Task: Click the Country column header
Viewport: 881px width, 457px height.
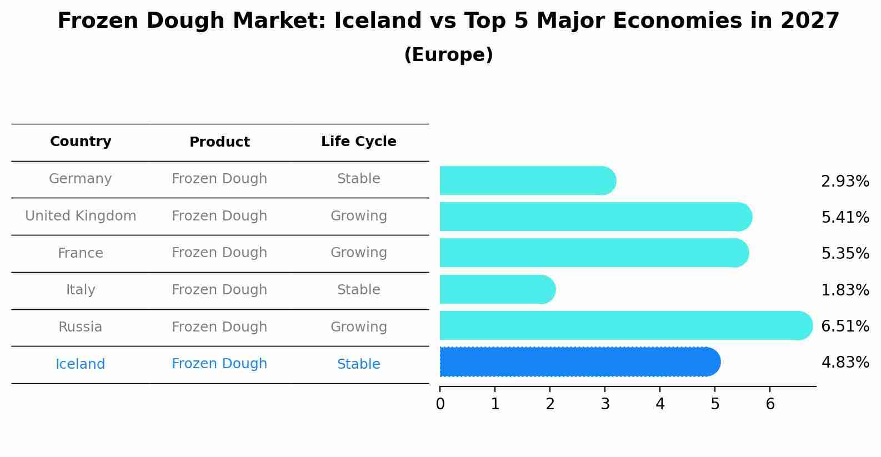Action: point(81,142)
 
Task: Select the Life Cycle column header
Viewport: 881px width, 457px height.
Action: point(358,142)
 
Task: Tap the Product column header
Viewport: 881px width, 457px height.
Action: point(219,142)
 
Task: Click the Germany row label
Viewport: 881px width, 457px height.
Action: point(81,179)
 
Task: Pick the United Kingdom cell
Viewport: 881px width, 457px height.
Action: point(81,216)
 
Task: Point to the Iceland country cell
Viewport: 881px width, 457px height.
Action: point(81,364)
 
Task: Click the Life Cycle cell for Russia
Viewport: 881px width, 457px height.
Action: point(358,327)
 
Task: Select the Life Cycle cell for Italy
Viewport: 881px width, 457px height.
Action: point(358,290)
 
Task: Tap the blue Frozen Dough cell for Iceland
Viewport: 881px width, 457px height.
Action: point(219,364)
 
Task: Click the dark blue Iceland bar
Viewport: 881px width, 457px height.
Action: point(578,362)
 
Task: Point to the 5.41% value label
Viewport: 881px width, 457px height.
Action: point(845,218)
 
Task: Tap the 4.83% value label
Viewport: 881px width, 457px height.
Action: point(845,363)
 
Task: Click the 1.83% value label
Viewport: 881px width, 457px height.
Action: point(845,290)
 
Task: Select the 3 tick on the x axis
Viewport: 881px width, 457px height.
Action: point(605,404)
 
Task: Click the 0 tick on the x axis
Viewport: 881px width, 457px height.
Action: point(440,404)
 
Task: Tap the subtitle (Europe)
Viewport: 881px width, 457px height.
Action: point(448,55)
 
